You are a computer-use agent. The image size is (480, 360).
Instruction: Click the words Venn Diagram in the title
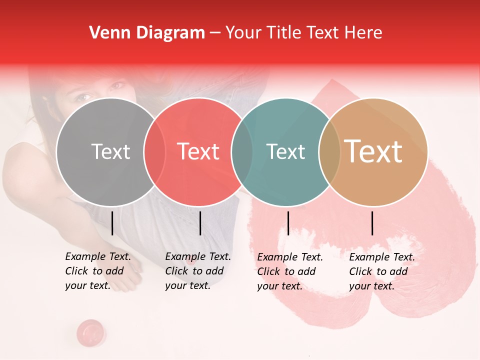pos(147,33)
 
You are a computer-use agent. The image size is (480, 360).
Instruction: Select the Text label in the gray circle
pos(110,151)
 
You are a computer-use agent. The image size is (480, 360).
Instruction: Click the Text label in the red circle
pos(198,151)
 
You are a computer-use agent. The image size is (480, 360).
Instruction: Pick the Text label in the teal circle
pos(286,151)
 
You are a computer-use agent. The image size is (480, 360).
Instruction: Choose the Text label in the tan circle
pos(373,151)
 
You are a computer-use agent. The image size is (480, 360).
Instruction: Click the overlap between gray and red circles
pos(154,151)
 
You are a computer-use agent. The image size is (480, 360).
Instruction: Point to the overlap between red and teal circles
pos(242,151)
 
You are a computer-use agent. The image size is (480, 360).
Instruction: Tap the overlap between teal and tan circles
pos(329,151)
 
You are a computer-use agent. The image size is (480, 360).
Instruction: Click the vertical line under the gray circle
pos(112,223)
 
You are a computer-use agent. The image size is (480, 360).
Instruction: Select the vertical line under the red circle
pos(200,223)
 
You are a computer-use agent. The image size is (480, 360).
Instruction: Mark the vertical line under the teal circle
pos(288,223)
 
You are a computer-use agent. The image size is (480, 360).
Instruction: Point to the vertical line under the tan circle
pos(372,223)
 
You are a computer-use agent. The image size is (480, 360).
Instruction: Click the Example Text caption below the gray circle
pos(97,271)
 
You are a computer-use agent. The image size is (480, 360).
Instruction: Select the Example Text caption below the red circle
pos(197,271)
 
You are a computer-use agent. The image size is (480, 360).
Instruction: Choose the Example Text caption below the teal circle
pos(289,271)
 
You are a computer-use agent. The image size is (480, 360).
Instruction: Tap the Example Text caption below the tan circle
pos(381,271)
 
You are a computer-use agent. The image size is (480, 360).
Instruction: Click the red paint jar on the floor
pos(90,331)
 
